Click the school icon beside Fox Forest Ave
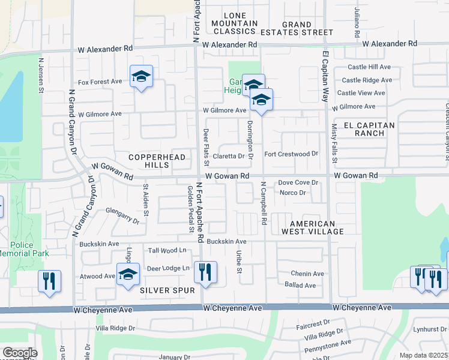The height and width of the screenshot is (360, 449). click(x=141, y=77)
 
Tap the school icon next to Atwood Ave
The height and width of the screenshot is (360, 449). click(x=128, y=275)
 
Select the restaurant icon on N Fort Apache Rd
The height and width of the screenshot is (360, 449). click(x=206, y=272)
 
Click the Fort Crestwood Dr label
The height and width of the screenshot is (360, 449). click(x=291, y=154)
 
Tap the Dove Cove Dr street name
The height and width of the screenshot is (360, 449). click(x=297, y=182)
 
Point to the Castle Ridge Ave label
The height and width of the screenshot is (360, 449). click(x=364, y=80)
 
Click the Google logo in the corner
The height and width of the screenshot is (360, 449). click(x=20, y=353)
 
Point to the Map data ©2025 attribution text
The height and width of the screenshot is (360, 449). click(x=424, y=355)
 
